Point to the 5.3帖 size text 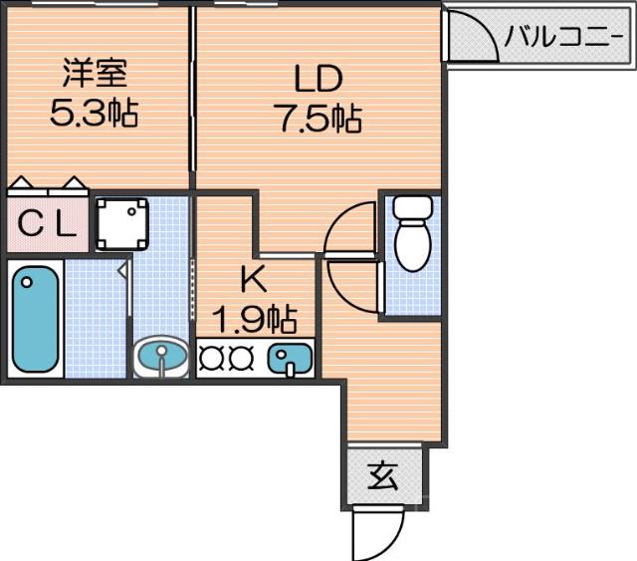tap(95, 113)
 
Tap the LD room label tap(318, 78)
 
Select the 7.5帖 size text tap(318, 119)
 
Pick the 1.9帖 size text tap(255, 319)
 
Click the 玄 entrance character tap(383, 476)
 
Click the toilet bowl tap(410, 244)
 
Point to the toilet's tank tap(410, 209)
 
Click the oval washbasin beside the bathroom tap(160, 357)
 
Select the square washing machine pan tap(122, 223)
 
